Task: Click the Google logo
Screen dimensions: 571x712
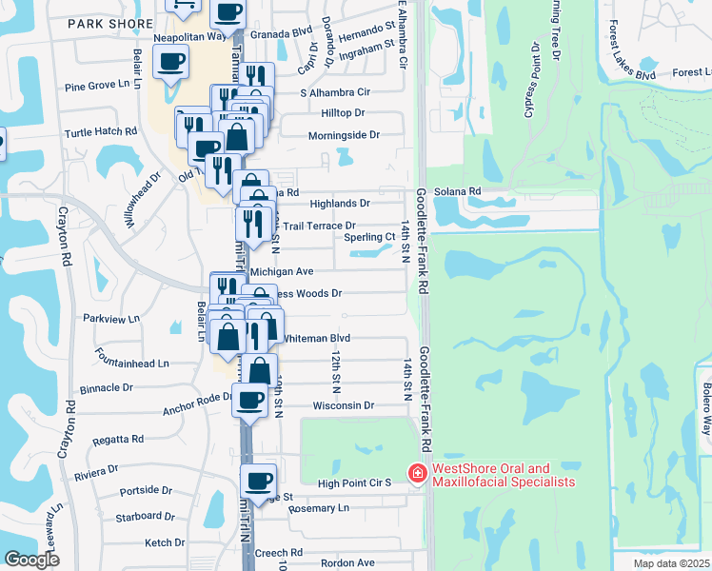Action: tap(31, 560)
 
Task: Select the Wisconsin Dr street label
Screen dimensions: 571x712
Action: tap(345, 405)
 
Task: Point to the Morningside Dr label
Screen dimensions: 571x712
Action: tap(344, 136)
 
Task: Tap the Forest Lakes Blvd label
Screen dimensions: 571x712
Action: tap(632, 73)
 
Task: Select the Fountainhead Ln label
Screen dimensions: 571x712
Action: tap(132, 363)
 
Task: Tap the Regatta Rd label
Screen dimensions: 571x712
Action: tap(119, 440)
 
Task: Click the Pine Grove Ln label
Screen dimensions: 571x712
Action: tap(97, 86)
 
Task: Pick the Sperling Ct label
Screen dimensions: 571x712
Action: tap(369, 237)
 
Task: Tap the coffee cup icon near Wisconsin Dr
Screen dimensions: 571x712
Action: tap(251, 399)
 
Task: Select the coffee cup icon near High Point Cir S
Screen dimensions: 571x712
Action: tap(258, 480)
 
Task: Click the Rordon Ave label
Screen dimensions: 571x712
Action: tap(346, 562)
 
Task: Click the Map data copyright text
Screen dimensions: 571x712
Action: tap(671, 563)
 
